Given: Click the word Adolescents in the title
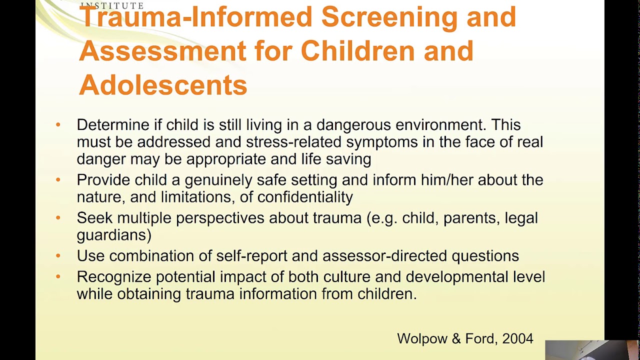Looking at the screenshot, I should (163, 85).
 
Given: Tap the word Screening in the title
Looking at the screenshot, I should (388, 16).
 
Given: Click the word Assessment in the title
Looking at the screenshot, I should (162, 51).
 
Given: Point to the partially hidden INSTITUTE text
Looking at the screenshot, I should (112, 5).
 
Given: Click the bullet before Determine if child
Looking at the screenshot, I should (58, 124).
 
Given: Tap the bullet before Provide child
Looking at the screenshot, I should (58, 179).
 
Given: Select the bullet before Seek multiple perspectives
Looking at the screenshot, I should (58, 217).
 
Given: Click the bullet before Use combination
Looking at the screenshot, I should (58, 255).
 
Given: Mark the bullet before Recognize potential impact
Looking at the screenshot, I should (58, 276).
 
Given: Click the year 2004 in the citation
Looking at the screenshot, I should (517, 338).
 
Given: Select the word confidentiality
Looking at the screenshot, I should (305, 197).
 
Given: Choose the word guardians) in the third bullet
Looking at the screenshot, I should (114, 235).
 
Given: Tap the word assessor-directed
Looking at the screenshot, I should (384, 256).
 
